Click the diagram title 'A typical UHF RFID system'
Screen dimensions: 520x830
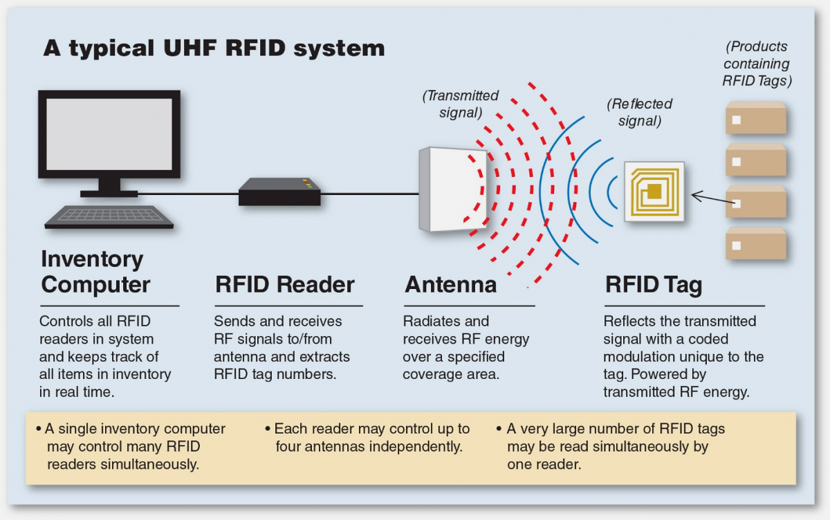click(x=214, y=48)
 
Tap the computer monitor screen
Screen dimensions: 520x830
click(x=109, y=134)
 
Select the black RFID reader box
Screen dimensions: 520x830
click(x=279, y=192)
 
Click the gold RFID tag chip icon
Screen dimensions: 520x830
click(x=654, y=192)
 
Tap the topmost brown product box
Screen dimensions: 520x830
click(x=755, y=119)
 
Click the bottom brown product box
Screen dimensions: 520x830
click(x=755, y=244)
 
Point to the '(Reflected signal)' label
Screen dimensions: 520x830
click(x=639, y=112)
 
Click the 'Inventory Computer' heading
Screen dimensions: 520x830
click(x=95, y=272)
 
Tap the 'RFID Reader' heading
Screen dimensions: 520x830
click(x=285, y=284)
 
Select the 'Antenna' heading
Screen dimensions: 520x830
click(x=450, y=284)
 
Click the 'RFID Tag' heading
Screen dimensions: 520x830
click(x=653, y=284)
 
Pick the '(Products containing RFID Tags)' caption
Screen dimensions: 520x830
click(x=757, y=64)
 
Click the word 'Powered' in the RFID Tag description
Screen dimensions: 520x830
click(x=710, y=374)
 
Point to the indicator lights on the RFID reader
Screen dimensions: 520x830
click(x=307, y=183)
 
